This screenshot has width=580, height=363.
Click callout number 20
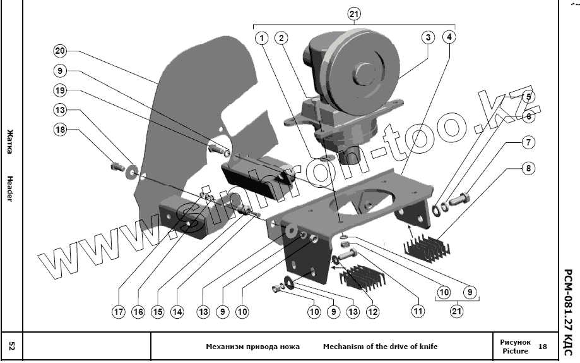coord(60,51)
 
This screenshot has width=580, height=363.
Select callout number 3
coord(428,37)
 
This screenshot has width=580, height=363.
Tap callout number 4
coord(449,37)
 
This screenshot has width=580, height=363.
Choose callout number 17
coord(119,311)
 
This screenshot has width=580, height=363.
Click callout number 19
coord(60,90)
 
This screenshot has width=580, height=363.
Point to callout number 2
coord(281,37)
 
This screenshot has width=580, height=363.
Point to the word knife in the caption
coord(425,347)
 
